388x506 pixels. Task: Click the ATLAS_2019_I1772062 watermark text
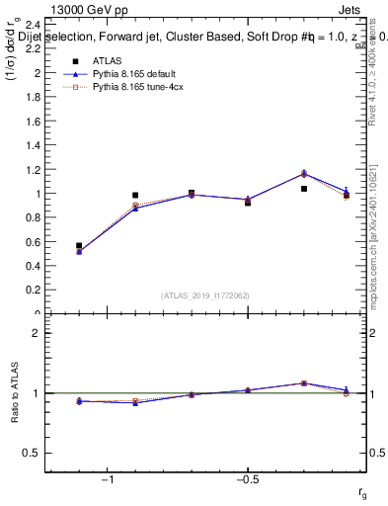[205, 295]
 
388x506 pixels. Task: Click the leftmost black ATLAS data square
[79, 245]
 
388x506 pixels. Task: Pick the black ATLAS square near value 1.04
[304, 189]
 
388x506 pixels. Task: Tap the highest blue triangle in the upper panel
[304, 174]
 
